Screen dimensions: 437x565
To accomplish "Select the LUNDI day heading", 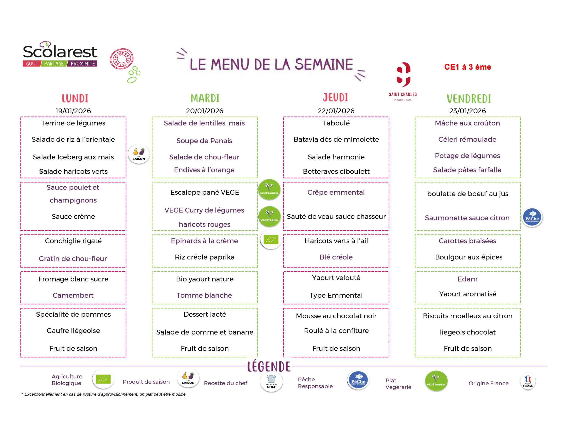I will [75, 99].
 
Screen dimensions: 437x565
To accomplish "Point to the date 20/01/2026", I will [204, 111].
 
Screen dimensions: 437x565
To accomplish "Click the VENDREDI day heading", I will [469, 99].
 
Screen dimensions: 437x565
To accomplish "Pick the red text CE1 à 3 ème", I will [467, 67].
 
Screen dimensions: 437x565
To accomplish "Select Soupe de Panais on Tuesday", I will [204, 141].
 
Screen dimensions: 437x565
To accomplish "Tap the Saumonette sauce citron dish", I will [467, 218].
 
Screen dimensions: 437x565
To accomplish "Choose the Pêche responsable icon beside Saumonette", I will [532, 217].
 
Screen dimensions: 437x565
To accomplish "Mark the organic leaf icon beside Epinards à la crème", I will [271, 240].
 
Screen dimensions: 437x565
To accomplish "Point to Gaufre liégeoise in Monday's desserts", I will [73, 331].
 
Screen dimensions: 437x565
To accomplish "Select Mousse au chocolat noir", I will [336, 316].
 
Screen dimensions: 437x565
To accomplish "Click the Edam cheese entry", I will [467, 279].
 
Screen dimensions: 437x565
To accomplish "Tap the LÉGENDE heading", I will [269, 366].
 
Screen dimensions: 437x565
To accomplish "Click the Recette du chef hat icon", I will [271, 382].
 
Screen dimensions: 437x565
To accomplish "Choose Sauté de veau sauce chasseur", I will [336, 217].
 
